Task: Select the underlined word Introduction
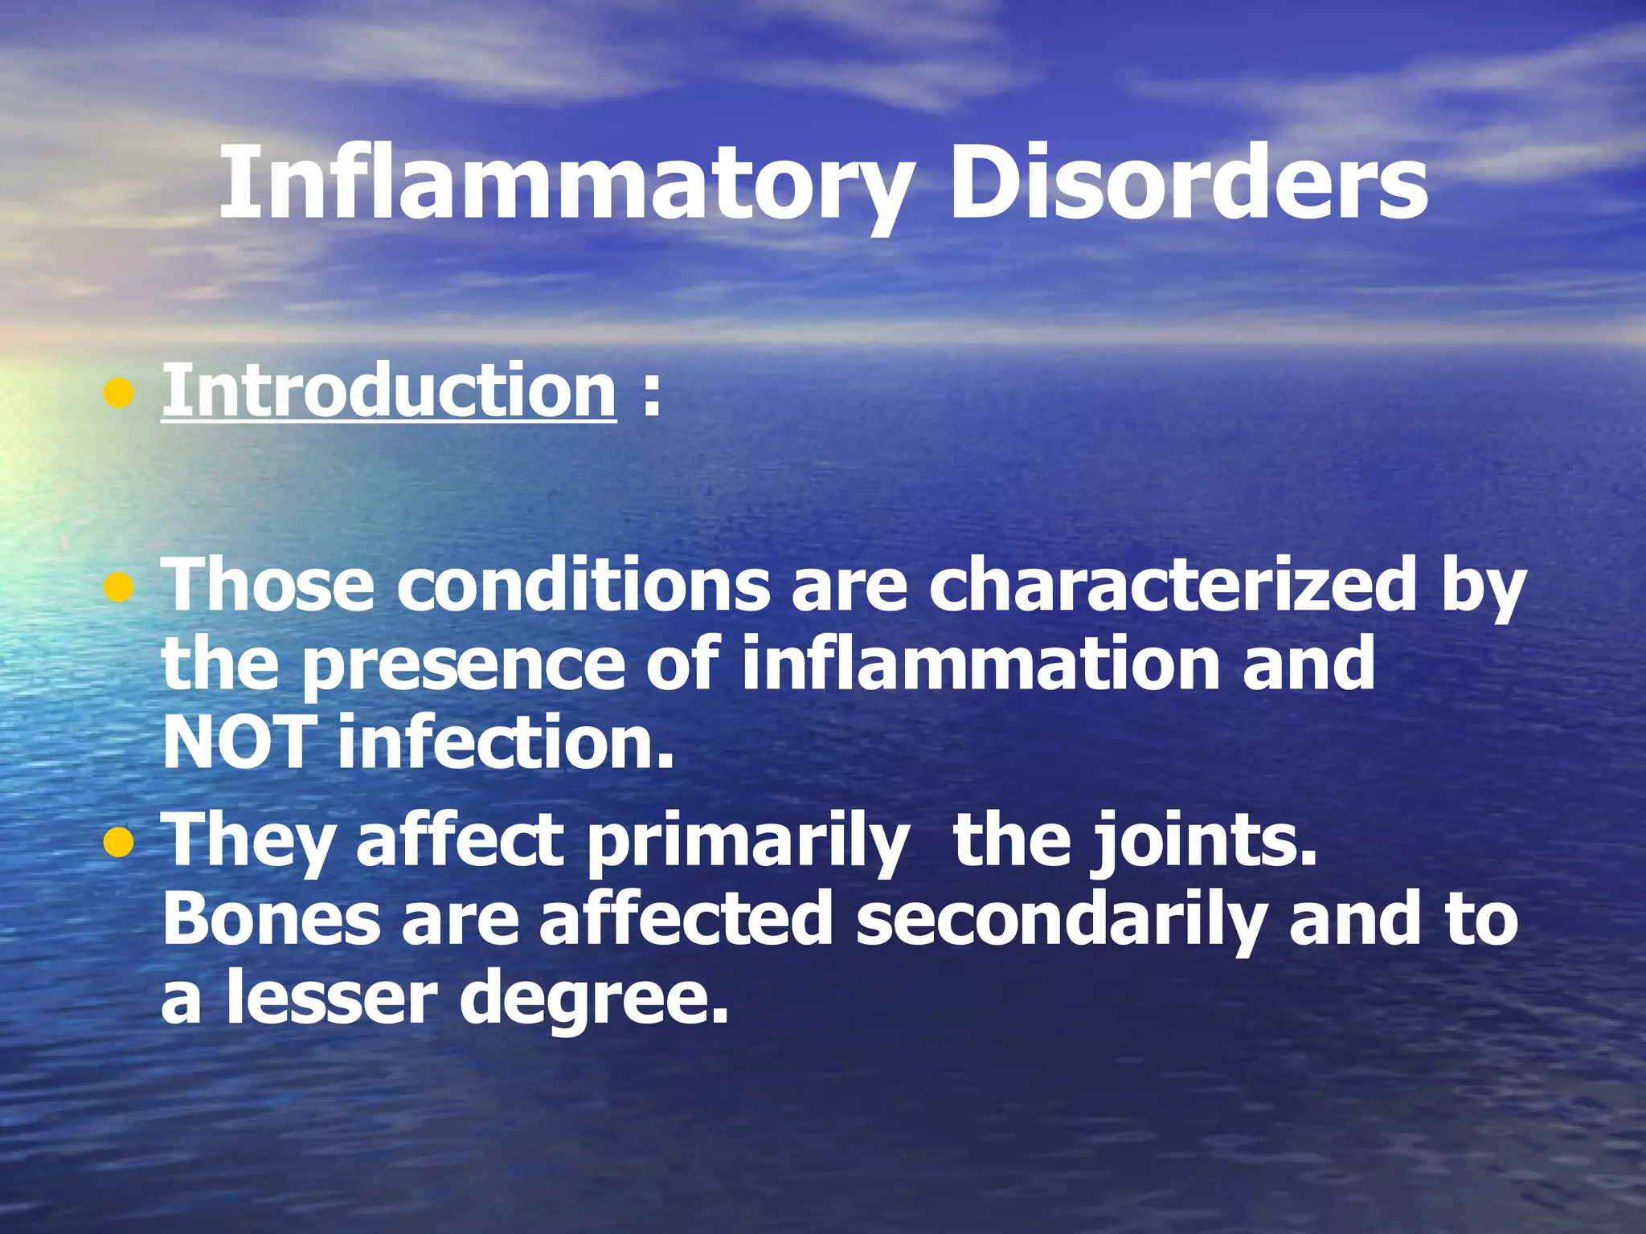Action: (389, 391)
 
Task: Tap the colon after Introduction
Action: (651, 395)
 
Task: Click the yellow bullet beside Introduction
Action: (118, 394)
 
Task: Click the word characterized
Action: (1171, 586)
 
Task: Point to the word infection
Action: (505, 743)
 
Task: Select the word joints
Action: (1203, 842)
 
